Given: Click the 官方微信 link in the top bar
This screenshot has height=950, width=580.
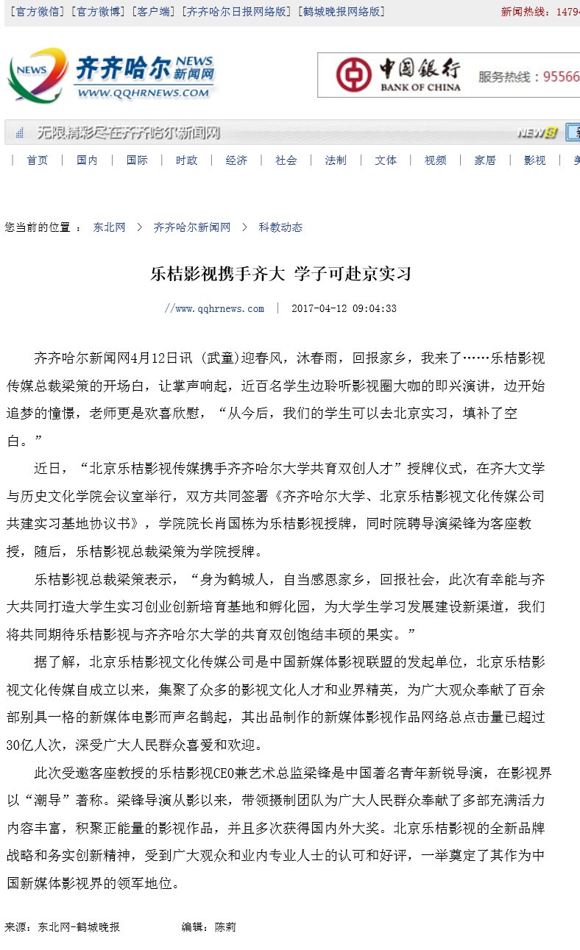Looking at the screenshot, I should (37, 12).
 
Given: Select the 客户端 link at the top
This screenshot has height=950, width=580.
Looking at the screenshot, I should (153, 12).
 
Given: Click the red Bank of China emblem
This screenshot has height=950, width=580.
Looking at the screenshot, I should (354, 75).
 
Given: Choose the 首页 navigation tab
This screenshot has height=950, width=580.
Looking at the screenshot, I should (38, 160).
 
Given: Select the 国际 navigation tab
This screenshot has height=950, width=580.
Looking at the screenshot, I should (137, 160).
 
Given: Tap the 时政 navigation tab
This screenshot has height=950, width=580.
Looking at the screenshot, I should (186, 160).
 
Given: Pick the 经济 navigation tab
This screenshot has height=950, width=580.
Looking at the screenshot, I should (236, 160).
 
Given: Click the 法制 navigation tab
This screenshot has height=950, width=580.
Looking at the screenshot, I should (336, 160).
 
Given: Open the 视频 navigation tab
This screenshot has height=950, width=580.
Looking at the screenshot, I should (435, 160).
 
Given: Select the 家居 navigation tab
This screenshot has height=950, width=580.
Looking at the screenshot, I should (484, 160).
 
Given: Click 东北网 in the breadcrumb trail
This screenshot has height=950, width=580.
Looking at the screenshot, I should (109, 228).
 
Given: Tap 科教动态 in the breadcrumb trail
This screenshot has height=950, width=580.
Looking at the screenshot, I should (280, 228).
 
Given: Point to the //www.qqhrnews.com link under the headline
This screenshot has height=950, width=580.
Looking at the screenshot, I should (214, 309).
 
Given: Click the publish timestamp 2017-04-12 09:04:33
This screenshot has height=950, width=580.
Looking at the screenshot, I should (344, 309).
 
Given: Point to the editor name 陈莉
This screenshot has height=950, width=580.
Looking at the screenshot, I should (224, 927).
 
